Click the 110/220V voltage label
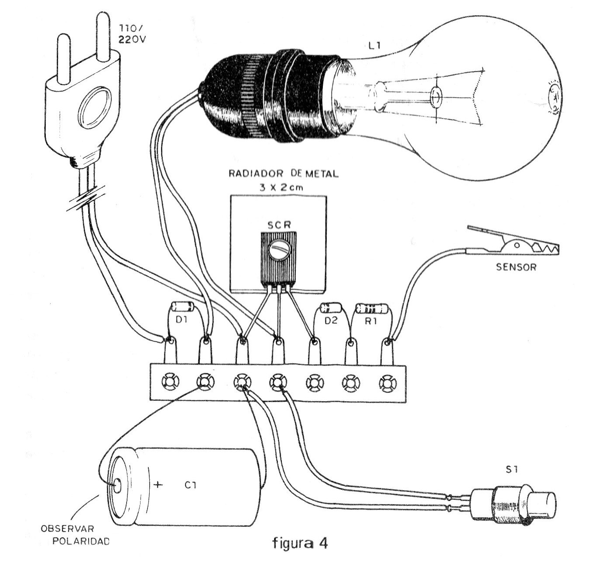[132, 34]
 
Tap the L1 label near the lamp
[375, 46]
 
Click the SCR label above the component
[279, 225]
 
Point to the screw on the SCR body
[279, 249]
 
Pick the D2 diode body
[331, 308]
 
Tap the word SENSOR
[516, 267]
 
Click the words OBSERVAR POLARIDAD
[75, 535]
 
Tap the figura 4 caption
[300, 543]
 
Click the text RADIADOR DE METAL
[283, 174]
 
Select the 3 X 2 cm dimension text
[281, 187]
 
